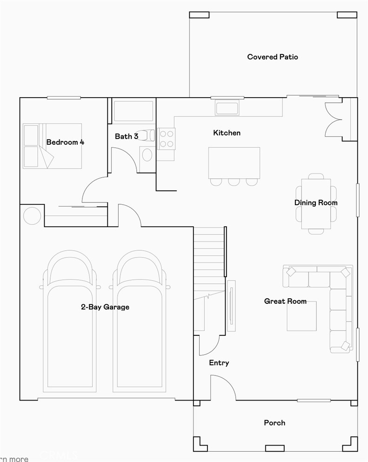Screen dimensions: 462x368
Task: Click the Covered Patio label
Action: pos(273,57)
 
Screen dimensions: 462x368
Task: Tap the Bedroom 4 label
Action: pos(65,142)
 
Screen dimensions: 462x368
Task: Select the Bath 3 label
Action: pos(126,136)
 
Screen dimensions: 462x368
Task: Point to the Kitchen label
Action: pos(227,133)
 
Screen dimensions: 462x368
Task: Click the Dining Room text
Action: pos(316,202)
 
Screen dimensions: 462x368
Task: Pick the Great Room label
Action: pos(285,301)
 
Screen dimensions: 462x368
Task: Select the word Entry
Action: pos(219,362)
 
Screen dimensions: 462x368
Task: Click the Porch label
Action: pos(274,422)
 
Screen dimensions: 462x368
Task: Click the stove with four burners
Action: pos(167,139)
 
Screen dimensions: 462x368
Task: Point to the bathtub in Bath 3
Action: pos(134,111)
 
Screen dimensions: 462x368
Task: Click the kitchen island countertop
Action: pos(234,162)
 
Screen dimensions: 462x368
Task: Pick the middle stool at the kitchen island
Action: pos(234,181)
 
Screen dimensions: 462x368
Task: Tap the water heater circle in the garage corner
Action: pos(32,216)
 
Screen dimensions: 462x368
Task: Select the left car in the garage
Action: pos(70,321)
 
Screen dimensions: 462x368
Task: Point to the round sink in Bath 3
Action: pos(147,155)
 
